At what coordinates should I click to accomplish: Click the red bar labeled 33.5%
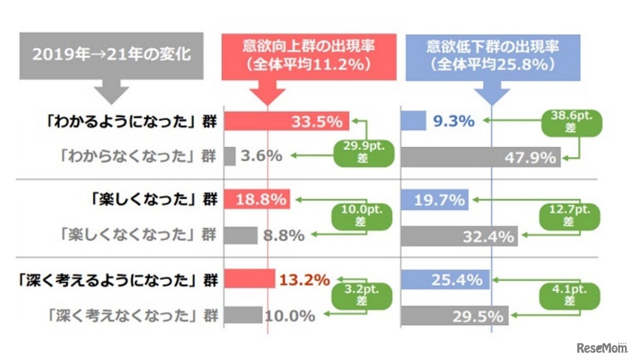[x=286, y=121]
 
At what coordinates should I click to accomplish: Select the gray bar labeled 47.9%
[x=480, y=157]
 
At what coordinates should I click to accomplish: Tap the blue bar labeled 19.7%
[x=434, y=200]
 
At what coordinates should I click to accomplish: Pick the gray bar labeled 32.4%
[x=459, y=236]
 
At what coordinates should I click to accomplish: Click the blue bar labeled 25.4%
[x=445, y=280]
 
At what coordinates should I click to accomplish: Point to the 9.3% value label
[x=453, y=121]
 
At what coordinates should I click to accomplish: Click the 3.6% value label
[x=262, y=156]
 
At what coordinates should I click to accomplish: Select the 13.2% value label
[x=304, y=280]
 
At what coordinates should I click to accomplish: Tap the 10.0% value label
[x=290, y=316]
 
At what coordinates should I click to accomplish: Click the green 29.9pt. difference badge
[x=363, y=152]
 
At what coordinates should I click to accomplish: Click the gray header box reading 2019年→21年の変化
[x=111, y=55]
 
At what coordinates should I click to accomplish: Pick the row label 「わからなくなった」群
[x=137, y=156]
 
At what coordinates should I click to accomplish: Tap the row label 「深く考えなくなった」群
[x=131, y=316]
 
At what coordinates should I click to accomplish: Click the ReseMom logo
[x=602, y=347]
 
